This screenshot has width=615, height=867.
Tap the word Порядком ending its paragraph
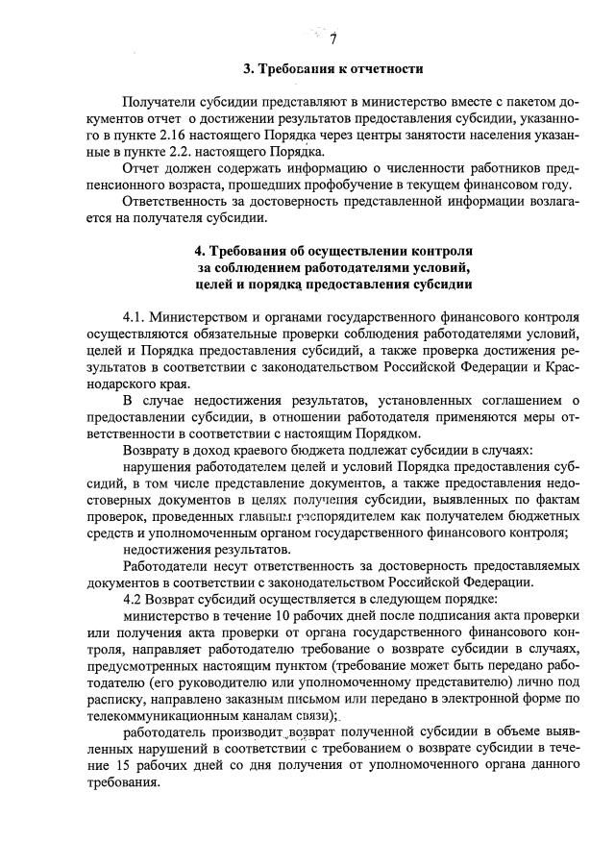(x=393, y=433)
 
